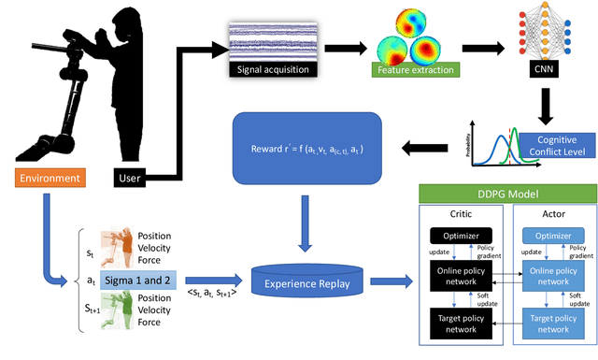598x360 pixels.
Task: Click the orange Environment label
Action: [x=47, y=177]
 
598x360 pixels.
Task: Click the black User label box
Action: [x=130, y=177]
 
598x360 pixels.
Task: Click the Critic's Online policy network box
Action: [x=460, y=278]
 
